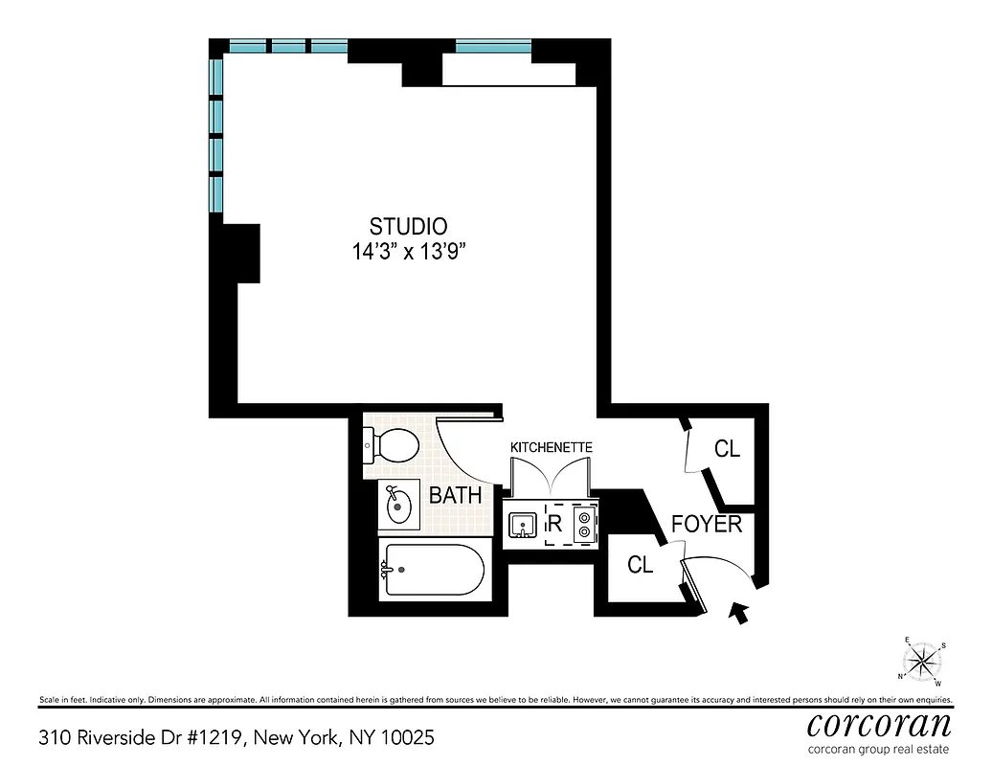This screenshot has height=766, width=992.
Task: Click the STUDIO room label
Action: coord(408,227)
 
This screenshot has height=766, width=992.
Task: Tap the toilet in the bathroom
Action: coord(393,445)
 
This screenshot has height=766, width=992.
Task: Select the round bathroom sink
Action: coord(400,505)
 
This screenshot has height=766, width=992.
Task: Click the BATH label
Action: coord(455,496)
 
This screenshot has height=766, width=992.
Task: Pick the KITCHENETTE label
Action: coord(551,447)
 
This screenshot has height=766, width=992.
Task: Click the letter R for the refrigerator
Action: coord(553,525)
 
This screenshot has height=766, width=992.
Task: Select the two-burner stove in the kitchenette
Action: coord(583,525)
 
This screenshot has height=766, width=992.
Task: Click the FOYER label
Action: coord(707,525)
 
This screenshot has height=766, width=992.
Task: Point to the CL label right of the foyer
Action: coord(728,448)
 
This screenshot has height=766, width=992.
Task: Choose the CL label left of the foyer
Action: coord(640,565)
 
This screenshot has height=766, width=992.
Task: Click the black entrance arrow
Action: coord(738,613)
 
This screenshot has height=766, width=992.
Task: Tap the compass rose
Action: coord(922,660)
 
